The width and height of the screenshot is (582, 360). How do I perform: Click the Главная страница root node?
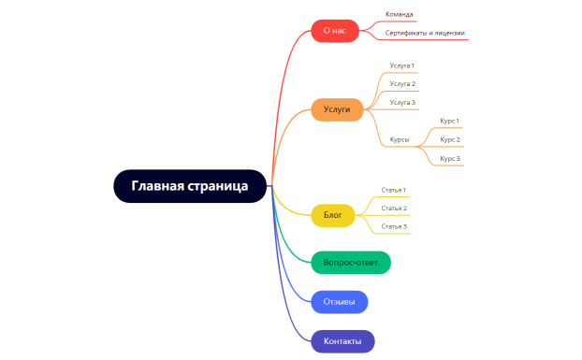190,185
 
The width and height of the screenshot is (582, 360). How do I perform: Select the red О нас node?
334,31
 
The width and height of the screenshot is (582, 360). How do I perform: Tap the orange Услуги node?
337,109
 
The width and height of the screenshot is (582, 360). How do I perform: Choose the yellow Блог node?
332,216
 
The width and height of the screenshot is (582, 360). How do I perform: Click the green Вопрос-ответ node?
350,263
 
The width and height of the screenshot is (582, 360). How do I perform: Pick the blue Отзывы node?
339,302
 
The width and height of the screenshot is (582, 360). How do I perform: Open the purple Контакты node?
342,341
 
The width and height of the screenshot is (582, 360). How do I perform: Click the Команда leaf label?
400,15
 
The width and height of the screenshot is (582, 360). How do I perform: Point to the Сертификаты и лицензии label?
425,33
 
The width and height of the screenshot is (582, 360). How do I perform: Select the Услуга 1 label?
402,65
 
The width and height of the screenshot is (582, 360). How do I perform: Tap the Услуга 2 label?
402,84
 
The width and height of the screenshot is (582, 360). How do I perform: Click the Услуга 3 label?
402,102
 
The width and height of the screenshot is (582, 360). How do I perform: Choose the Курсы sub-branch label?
400,140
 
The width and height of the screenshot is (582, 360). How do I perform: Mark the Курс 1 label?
450,121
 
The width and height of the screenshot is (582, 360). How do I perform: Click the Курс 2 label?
450,139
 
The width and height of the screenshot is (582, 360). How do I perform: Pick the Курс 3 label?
450,159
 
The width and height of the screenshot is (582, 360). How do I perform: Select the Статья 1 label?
394,190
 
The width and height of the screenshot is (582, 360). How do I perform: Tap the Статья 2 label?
394,208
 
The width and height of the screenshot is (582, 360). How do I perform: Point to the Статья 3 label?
394,226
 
